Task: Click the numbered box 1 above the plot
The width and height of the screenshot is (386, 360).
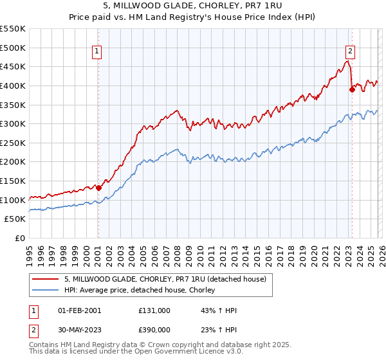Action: click(96, 52)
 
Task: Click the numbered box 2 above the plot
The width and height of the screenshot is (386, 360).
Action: click(351, 52)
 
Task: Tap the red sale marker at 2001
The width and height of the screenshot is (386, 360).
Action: click(98, 188)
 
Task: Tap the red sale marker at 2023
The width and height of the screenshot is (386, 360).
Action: click(352, 90)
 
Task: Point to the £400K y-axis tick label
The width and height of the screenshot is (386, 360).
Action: click(13, 85)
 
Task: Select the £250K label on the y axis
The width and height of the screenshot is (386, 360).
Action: click(13, 143)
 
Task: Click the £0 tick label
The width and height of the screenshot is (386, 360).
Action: click(21, 238)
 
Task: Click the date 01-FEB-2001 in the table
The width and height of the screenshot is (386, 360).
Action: click(80, 310)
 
